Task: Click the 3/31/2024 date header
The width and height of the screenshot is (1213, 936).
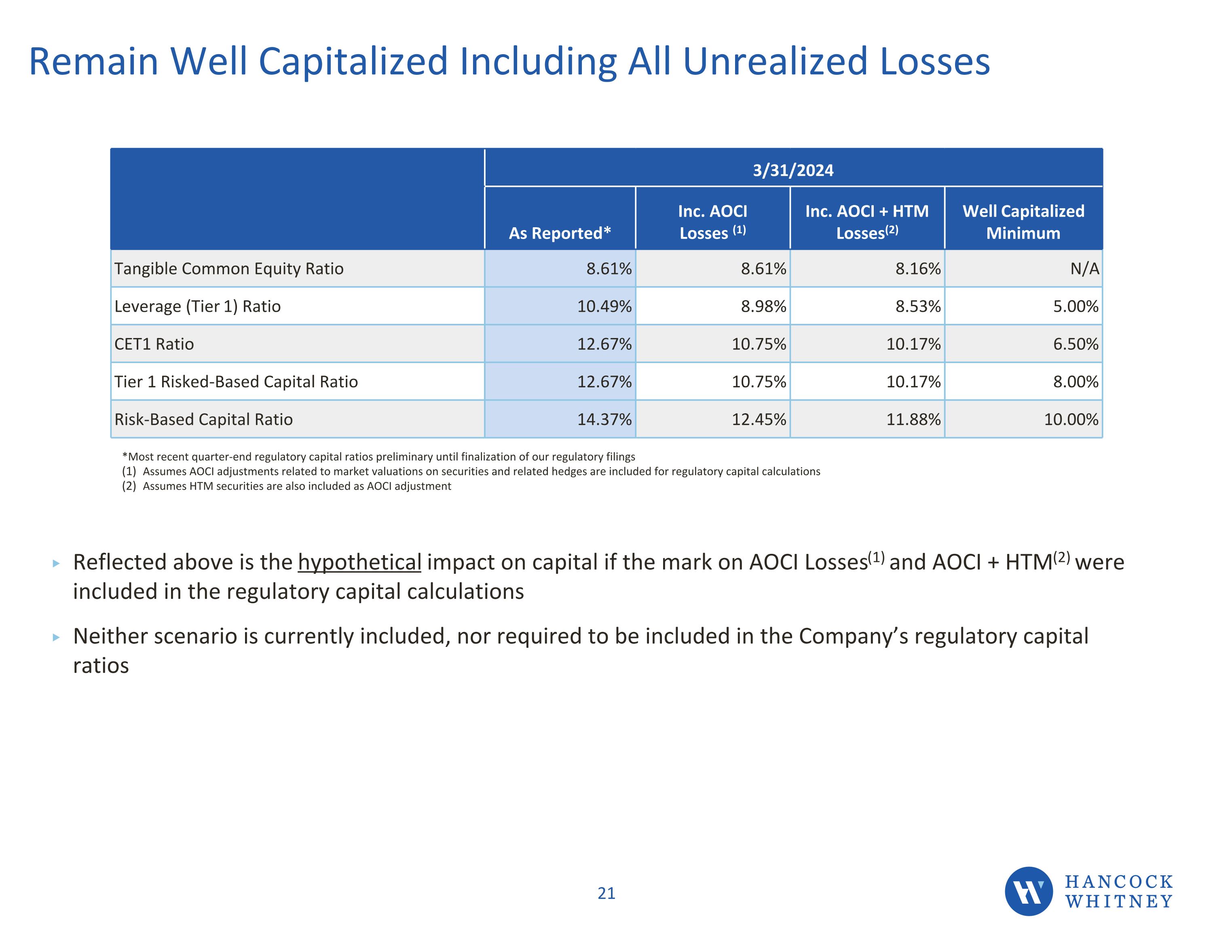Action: [793, 170]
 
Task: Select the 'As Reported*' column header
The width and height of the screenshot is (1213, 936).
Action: [560, 233]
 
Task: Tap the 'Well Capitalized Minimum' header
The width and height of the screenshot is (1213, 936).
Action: [1023, 222]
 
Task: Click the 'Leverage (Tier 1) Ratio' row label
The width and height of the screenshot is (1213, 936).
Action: [198, 306]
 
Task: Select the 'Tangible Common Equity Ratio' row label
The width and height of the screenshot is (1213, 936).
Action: [229, 268]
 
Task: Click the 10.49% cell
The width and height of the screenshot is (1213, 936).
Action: [604, 306]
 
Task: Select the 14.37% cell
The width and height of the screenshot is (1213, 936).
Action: [604, 419]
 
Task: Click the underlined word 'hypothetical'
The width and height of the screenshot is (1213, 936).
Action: [359, 562]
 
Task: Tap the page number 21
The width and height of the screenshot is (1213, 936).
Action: [606, 893]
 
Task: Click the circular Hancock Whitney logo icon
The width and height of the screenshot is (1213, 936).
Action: [1029, 891]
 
